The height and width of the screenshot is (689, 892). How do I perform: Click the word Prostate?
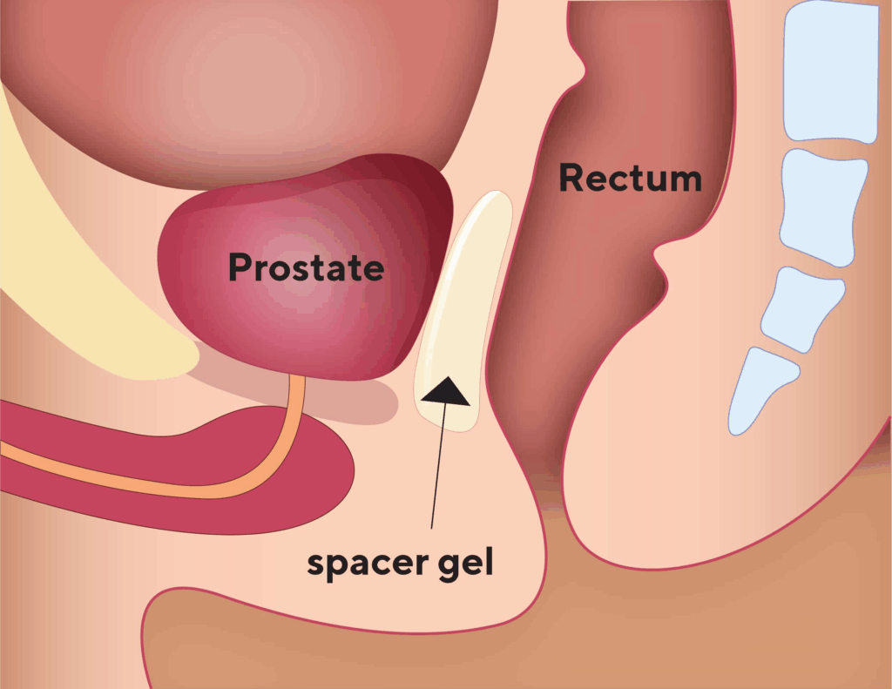coord(306,267)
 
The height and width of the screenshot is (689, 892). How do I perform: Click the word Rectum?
coord(631,178)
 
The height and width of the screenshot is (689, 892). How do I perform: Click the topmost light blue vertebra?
coord(832,71)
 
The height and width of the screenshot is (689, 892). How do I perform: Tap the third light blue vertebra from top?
coord(802,308)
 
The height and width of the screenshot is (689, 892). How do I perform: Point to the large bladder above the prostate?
coord(250,85)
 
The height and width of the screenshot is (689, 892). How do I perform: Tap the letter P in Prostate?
coord(240,267)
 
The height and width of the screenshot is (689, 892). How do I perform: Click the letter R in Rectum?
coord(572,178)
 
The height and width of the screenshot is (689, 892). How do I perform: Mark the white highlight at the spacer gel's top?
coord(483,206)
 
